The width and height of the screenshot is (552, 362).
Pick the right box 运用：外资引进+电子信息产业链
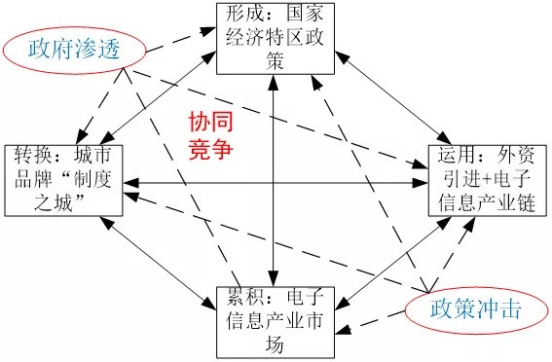point(487,180)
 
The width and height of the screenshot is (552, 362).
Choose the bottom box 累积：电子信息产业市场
point(276,319)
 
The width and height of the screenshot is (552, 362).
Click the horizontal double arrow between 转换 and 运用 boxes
point(282,182)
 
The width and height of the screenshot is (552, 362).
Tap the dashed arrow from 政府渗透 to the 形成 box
point(175,36)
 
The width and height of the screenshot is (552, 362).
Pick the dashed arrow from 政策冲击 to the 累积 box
point(375,319)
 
